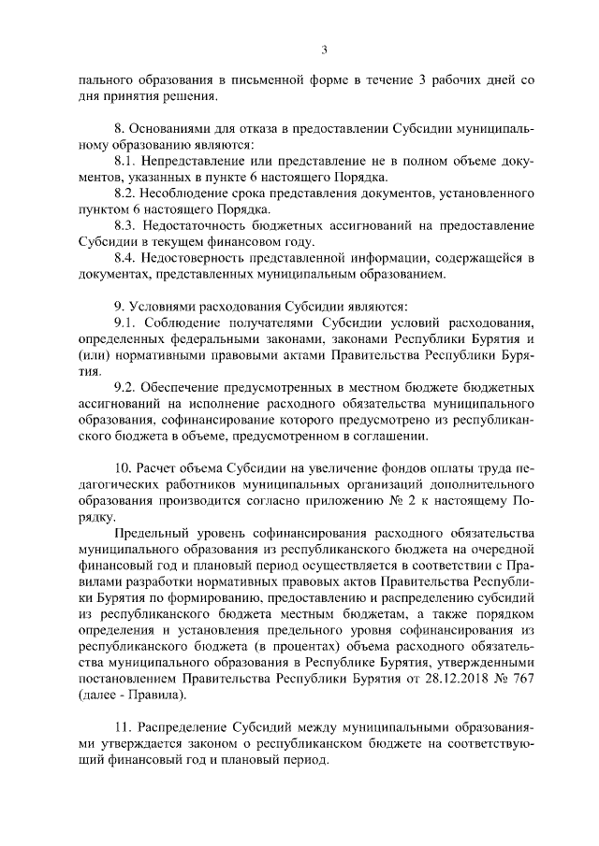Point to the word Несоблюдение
click(x=194, y=193)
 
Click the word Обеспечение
click(x=189, y=387)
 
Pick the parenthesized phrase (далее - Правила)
click(x=132, y=695)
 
